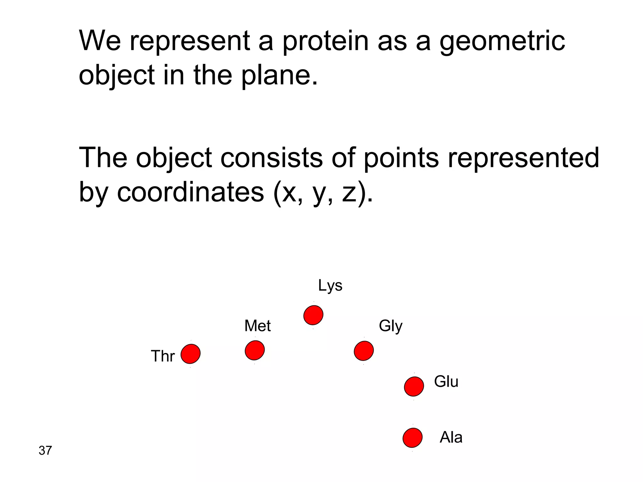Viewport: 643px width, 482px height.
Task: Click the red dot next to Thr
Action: [x=191, y=354]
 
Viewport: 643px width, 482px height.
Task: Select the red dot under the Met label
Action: [x=255, y=350]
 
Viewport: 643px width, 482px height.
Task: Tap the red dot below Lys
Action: [x=313, y=315]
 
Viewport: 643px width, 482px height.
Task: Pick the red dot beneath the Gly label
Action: [x=364, y=351]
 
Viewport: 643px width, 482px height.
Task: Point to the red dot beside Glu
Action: [x=414, y=387]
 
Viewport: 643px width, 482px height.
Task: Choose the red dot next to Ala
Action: [x=413, y=437]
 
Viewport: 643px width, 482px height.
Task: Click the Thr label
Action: [x=163, y=356]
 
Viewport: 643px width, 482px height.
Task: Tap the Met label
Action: [x=257, y=326]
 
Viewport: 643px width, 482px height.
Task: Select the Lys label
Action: [x=330, y=286]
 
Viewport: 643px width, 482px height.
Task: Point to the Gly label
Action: [x=391, y=326]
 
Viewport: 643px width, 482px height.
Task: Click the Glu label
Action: [x=446, y=382]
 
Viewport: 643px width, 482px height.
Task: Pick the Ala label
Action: [x=451, y=437]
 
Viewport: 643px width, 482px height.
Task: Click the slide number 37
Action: [x=45, y=451]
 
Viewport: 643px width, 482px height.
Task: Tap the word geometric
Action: [x=502, y=41]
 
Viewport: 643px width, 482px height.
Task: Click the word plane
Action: [x=280, y=75]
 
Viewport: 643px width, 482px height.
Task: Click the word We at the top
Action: [x=100, y=41]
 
